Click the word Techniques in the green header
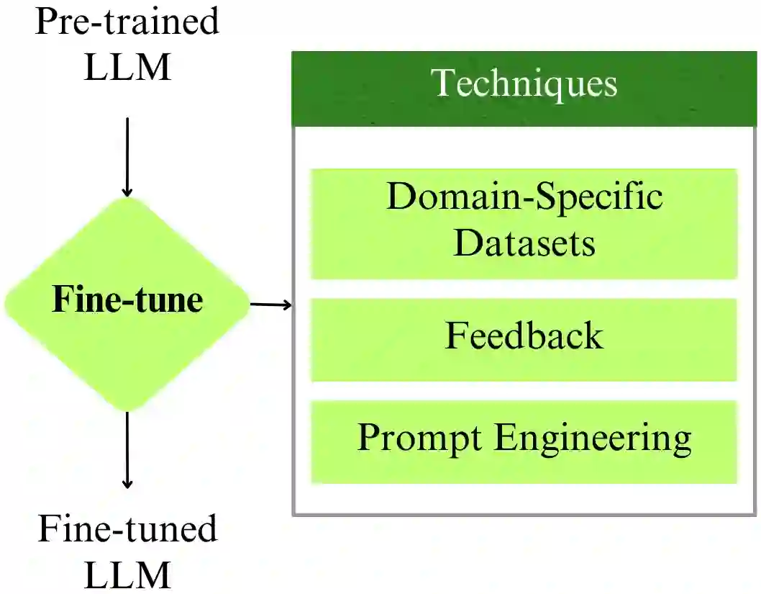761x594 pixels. click(524, 83)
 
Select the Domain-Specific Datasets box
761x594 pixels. click(524, 223)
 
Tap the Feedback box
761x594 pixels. click(524, 339)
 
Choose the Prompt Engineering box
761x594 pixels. click(524, 441)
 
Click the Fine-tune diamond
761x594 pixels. click(127, 302)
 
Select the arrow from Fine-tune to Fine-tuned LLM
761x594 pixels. click(127, 450)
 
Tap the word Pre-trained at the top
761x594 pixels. click(127, 22)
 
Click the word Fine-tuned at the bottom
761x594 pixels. click(127, 529)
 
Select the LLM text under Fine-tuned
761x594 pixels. click(127, 574)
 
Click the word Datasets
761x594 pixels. click(524, 243)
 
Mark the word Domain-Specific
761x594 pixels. click(524, 196)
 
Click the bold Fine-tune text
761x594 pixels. click(127, 300)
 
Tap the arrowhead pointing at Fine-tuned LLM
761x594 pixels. click(127, 483)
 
